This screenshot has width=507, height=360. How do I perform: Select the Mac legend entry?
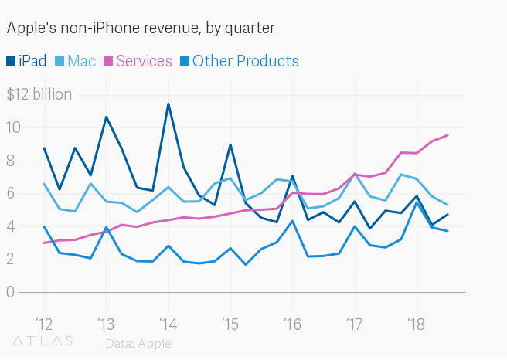coord(81,61)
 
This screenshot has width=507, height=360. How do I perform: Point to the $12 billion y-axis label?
coord(39,95)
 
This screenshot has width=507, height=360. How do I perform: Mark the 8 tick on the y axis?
coord(11,161)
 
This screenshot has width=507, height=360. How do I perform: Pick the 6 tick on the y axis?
coord(11,193)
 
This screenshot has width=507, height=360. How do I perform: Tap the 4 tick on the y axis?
coord(11,226)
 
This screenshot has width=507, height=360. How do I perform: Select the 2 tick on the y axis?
coord(11,259)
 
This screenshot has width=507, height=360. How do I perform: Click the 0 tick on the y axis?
coord(11,292)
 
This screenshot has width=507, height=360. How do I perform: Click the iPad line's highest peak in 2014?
coord(168,104)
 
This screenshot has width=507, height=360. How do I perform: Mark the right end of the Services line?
coord(447,135)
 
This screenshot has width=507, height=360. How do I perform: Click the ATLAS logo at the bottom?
coord(43,341)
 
